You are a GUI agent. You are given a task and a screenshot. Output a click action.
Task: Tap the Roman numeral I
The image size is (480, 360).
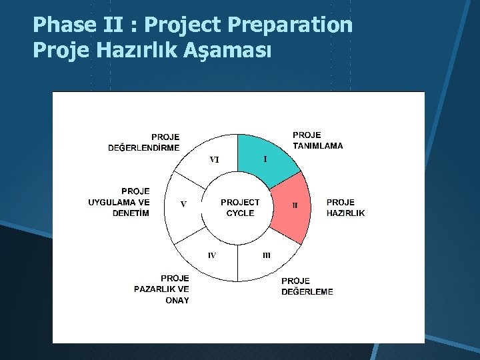point(265,159)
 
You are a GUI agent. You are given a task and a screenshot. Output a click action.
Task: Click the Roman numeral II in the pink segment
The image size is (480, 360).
point(295,205)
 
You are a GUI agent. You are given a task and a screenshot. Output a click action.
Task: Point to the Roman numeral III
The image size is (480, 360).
point(266,255)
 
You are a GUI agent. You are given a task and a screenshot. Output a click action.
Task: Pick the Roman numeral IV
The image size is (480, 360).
point(211,255)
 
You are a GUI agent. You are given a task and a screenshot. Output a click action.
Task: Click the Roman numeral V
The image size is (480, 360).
point(183,205)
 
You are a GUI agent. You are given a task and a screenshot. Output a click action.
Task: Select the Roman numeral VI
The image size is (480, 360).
point(215,159)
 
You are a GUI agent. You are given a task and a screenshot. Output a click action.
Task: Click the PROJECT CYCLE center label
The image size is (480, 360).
point(240,207)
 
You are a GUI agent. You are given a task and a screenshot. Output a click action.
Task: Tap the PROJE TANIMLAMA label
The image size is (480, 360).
point(317,140)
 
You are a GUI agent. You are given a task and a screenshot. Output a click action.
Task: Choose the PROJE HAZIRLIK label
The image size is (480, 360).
point(345,207)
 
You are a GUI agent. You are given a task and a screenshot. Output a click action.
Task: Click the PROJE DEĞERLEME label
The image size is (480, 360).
point(307,286)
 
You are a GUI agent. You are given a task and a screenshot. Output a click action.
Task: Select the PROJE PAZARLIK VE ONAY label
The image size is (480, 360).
point(161,289)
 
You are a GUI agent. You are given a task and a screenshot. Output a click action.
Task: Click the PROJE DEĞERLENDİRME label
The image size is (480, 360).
point(144,143)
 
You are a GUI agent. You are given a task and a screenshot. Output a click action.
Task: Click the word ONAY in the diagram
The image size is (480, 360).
point(177,301)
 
